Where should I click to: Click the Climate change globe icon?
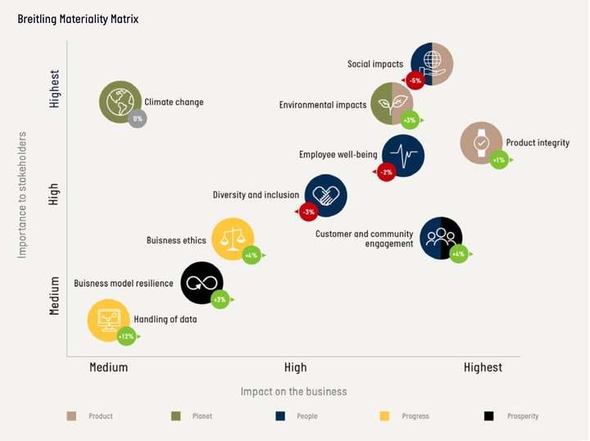(x=120, y=102)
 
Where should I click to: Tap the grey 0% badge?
(x=138, y=119)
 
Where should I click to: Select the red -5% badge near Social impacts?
(x=415, y=80)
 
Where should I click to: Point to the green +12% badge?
(x=126, y=336)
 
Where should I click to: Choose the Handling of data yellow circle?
(x=108, y=319)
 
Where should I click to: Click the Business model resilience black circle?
(x=202, y=283)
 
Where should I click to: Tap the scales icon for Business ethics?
(x=233, y=239)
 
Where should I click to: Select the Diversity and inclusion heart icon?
(x=325, y=195)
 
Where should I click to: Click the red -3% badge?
(x=308, y=212)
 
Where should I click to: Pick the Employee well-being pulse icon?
(x=402, y=155)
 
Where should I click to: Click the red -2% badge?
(x=386, y=172)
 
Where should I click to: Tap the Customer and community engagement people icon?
(x=441, y=238)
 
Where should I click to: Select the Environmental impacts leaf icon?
(x=391, y=103)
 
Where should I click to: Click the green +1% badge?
(x=499, y=160)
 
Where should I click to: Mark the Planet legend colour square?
(x=175, y=416)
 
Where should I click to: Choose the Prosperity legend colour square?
(x=489, y=416)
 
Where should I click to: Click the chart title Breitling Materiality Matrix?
(x=79, y=18)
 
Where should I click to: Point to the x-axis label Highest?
(x=483, y=367)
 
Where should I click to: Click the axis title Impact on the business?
(x=293, y=391)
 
